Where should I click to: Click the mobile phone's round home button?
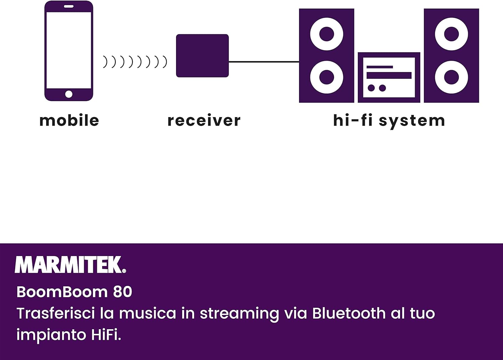tap(69, 94)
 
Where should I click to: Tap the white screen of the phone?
tap(69, 50)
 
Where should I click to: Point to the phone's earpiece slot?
tap(69, 6)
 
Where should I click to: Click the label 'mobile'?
tap(69, 120)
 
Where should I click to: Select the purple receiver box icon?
tap(202, 56)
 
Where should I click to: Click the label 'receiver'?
tap(204, 120)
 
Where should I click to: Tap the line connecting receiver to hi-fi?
tap(264, 62)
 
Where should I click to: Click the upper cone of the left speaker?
tap(327, 34)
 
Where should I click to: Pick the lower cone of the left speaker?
tap(327, 77)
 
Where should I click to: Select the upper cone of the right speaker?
tap(451, 34)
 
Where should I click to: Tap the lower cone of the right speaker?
tap(451, 77)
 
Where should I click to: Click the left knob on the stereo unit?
tap(371, 88)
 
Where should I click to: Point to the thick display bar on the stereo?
tap(389, 75)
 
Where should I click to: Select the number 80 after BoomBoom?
tap(122, 292)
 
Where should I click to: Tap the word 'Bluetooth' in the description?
tap(349, 313)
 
